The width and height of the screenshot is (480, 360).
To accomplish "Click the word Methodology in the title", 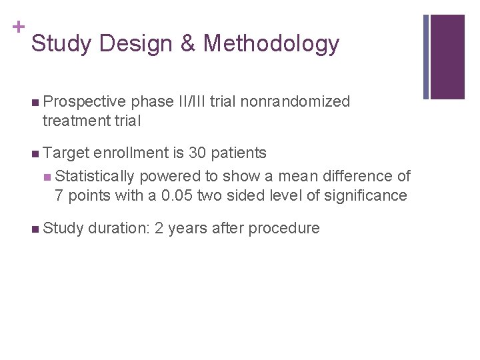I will (x=271, y=44).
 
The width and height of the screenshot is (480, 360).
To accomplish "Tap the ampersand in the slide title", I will (x=187, y=44).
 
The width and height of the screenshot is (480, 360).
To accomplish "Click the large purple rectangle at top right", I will (x=447, y=57).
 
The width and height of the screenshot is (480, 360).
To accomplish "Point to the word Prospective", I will (x=84, y=102).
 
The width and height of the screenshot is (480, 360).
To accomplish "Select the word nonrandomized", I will (x=295, y=102).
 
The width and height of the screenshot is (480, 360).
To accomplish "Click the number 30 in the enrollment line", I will (x=197, y=153).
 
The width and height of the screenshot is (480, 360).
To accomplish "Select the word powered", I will (x=168, y=176).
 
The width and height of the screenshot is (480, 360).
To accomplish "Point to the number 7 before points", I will (x=59, y=195).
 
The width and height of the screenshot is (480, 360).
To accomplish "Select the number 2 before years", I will (x=159, y=229).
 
